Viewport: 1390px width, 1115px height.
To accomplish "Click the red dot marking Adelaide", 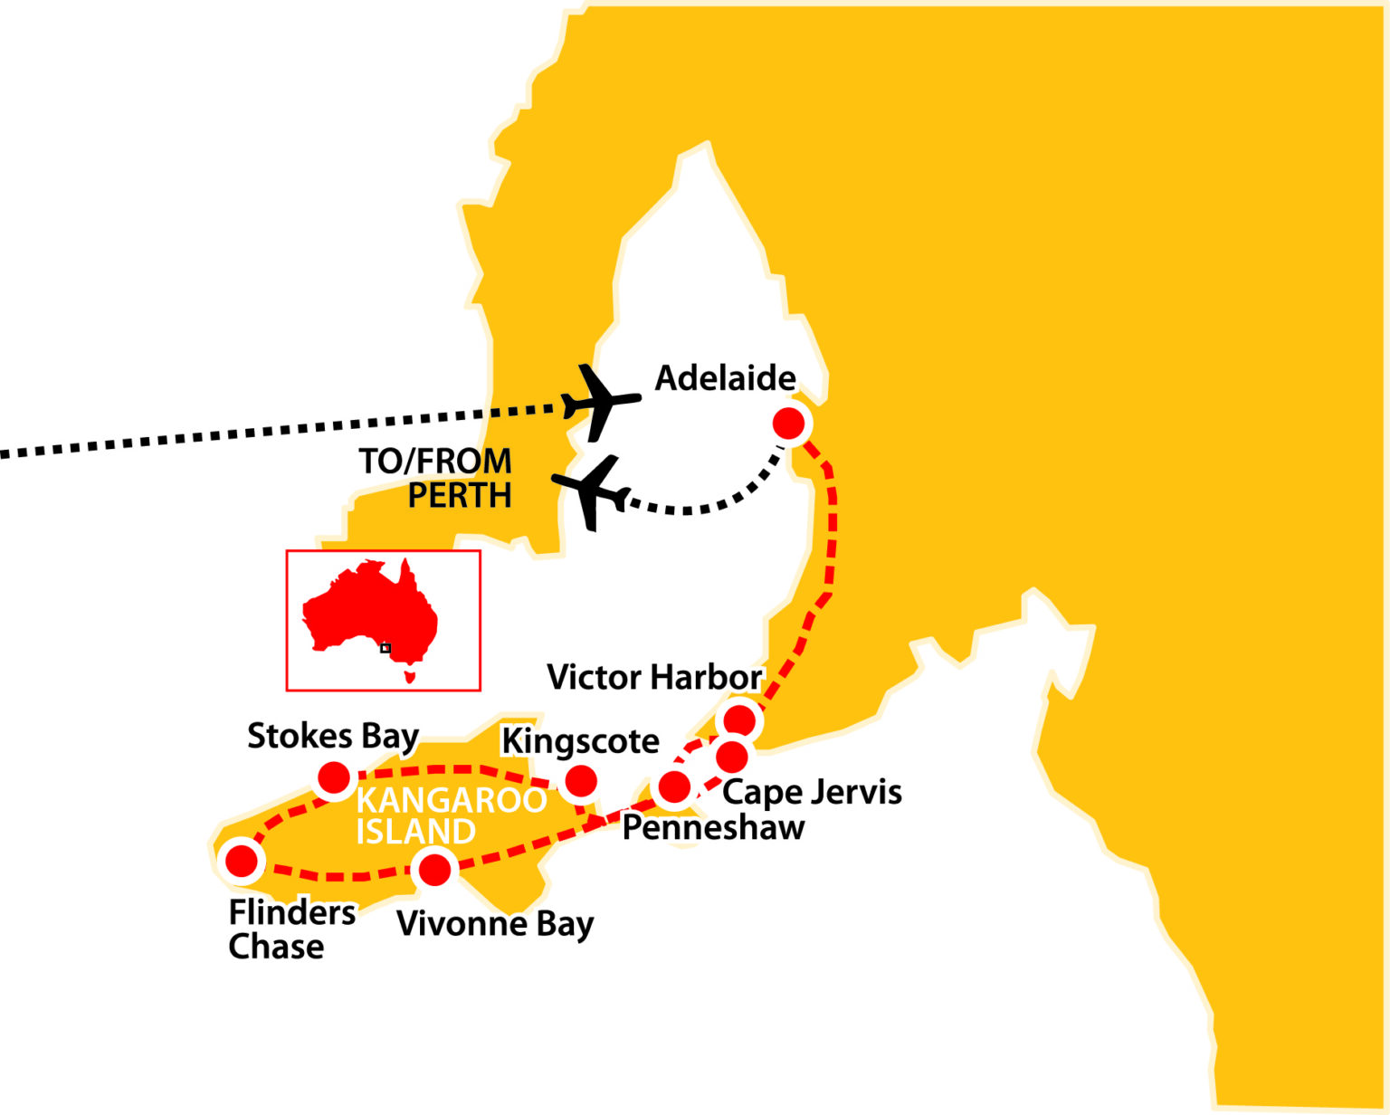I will click(x=789, y=423).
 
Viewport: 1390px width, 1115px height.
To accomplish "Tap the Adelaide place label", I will click(x=725, y=378).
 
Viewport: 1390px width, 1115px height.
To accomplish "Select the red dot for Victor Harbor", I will click(x=739, y=720).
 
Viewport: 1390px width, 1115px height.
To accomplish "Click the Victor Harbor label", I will click(x=654, y=677).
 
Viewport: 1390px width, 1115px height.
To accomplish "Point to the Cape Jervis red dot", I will click(x=732, y=755).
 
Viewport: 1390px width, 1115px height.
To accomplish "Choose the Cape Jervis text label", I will click(x=812, y=792).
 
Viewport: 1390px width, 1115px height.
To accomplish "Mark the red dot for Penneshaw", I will click(x=674, y=787).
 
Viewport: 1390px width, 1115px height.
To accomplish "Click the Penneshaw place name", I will click(x=713, y=827).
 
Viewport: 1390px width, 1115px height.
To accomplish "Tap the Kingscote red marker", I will click(x=580, y=780).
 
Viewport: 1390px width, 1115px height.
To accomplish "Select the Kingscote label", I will click(x=580, y=741).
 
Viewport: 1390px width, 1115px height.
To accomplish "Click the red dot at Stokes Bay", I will click(x=334, y=777).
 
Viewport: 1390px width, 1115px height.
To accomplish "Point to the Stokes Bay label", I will click(x=333, y=737).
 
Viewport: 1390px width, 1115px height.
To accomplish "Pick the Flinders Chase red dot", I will click(x=242, y=860).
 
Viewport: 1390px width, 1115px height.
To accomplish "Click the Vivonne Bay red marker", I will click(x=435, y=870).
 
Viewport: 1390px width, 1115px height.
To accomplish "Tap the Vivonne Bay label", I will click(x=495, y=924).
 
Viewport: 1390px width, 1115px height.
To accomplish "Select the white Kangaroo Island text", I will click(x=450, y=815).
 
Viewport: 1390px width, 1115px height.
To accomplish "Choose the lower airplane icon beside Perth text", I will click(x=591, y=491).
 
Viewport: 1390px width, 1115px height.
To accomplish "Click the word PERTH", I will click(x=460, y=496).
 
